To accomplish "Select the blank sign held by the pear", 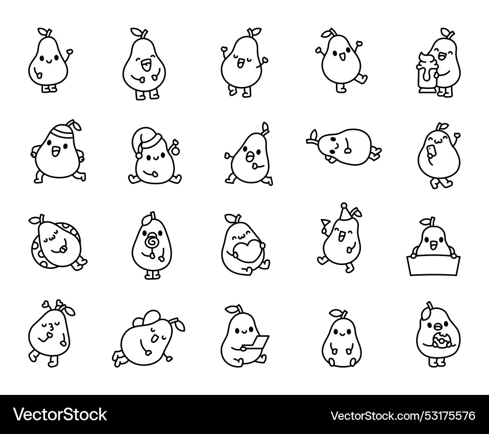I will (432, 266).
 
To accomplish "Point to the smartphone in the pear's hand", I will (430, 152).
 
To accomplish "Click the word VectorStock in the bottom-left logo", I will (61, 415).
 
